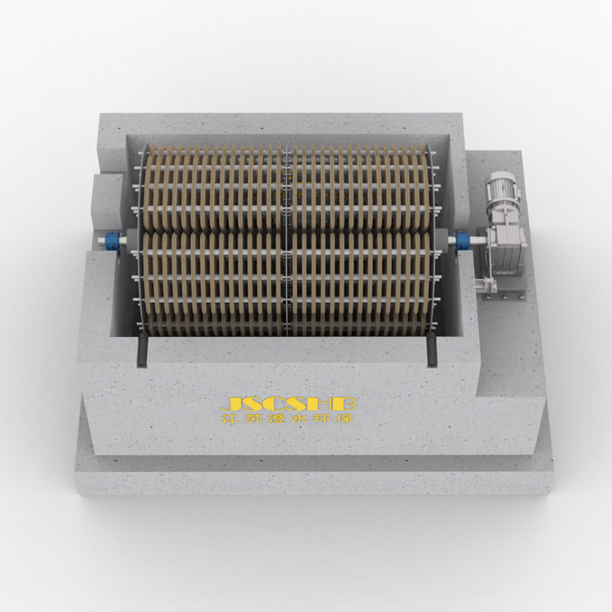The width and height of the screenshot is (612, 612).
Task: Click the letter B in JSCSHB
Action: [x=350, y=405]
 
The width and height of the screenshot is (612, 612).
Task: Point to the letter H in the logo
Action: [x=331, y=405]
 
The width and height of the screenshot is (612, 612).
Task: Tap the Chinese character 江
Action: [x=229, y=419]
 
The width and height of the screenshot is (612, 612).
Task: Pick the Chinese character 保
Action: [x=346, y=419]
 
